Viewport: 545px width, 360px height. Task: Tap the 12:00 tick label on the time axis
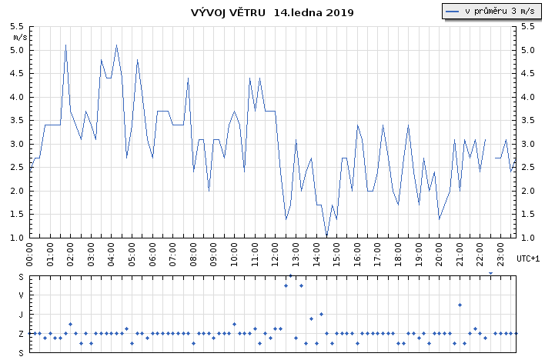click(x=276, y=255)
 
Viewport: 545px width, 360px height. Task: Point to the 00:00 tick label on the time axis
click(x=29, y=255)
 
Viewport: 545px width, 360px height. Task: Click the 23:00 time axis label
click(x=501, y=255)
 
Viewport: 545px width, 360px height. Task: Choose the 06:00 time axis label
click(x=152, y=255)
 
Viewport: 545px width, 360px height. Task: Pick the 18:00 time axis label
click(x=399, y=255)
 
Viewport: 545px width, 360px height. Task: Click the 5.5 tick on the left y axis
click(x=17, y=26)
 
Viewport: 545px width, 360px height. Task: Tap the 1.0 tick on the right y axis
click(x=527, y=238)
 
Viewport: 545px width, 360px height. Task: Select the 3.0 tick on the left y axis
click(x=17, y=144)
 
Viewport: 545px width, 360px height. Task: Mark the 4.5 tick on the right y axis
click(x=527, y=73)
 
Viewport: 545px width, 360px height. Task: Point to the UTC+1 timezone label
click(x=528, y=258)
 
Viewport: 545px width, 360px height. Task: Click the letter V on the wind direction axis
click(x=21, y=295)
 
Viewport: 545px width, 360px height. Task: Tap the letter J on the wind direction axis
click(x=21, y=315)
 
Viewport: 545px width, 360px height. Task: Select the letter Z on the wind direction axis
click(x=21, y=334)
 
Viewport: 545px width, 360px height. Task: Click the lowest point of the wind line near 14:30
click(x=326, y=236)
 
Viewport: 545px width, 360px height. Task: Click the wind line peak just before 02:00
click(x=65, y=45)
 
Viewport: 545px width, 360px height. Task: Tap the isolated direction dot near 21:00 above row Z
click(x=460, y=305)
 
